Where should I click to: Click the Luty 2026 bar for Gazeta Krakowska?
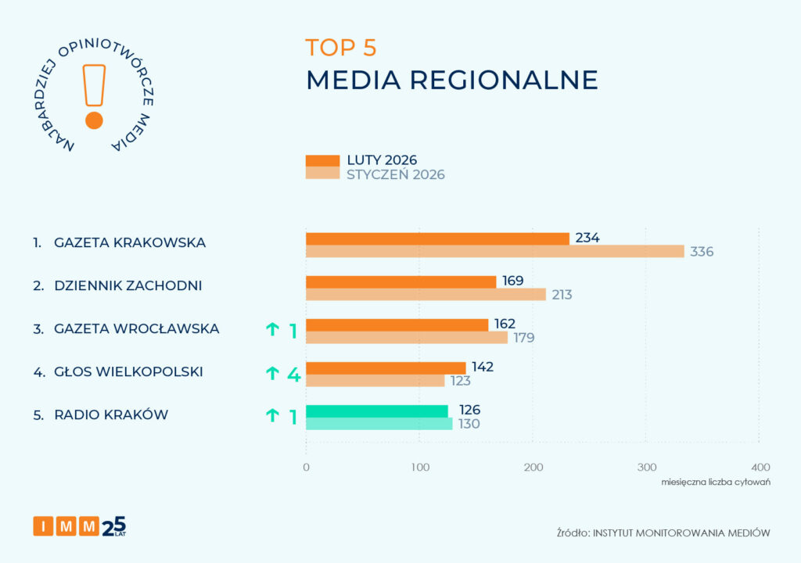pyautogui.click(x=437, y=238)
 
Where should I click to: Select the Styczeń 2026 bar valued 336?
pyautogui.click(x=494, y=252)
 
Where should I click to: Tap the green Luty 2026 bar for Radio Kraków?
pyautogui.click(x=377, y=411)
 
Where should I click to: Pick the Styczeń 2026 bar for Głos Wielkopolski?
pyautogui.click(x=375, y=381)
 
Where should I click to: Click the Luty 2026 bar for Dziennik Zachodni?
pyautogui.click(x=400, y=281)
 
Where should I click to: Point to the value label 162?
pyautogui.click(x=505, y=324)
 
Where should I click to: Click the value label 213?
pyautogui.click(x=562, y=295)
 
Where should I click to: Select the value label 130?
pyautogui.click(x=468, y=424)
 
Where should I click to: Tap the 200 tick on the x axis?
pyautogui.click(x=533, y=467)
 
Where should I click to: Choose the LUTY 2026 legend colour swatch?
pyautogui.click(x=322, y=160)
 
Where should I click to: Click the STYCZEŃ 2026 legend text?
pyautogui.click(x=396, y=174)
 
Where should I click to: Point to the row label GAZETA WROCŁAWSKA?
pyautogui.click(x=136, y=329)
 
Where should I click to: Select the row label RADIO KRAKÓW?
pyautogui.click(x=111, y=415)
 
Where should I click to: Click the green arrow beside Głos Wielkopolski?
pyautogui.click(x=272, y=374)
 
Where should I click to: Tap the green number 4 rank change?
pyautogui.click(x=293, y=374)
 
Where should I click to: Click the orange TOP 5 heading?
pyautogui.click(x=341, y=47)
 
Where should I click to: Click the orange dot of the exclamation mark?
pyautogui.click(x=94, y=120)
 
